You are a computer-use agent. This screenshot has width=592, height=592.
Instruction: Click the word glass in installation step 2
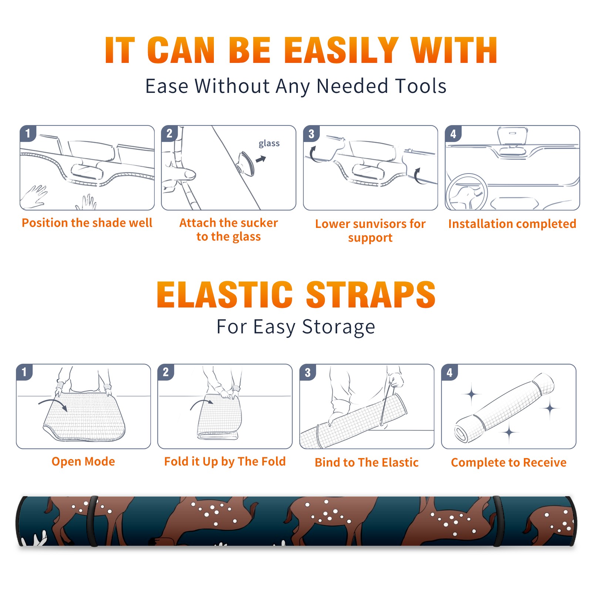269,144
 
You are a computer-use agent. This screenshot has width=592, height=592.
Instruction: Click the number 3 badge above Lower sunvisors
311,134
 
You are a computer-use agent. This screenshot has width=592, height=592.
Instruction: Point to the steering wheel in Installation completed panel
467,192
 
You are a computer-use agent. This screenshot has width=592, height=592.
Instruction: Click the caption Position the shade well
87,223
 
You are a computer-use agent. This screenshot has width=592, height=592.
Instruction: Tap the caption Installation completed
512,224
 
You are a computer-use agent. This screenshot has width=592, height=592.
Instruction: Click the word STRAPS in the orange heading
371,295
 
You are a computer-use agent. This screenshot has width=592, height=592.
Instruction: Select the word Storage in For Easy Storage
339,327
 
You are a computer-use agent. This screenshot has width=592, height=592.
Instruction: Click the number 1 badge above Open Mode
24,372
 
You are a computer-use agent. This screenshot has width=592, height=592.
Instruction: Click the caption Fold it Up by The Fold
225,462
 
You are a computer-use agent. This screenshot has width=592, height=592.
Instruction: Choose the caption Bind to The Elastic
367,462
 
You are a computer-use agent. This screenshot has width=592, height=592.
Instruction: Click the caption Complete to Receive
509,462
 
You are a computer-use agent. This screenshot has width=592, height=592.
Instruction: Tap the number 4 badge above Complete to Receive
450,372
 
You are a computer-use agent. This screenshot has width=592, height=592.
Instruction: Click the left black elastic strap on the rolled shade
92,521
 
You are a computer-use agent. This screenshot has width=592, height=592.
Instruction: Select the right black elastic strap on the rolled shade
497,521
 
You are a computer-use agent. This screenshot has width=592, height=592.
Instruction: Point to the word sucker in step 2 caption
259,223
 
